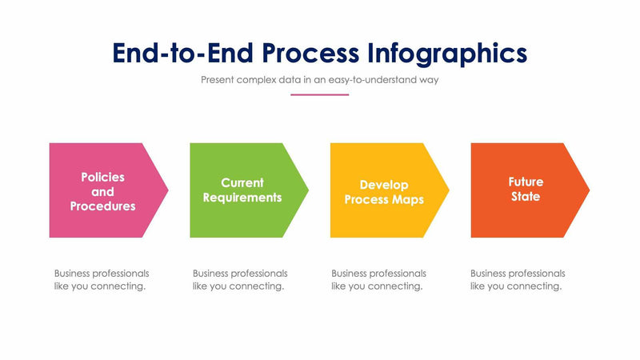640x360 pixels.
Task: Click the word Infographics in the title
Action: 448,53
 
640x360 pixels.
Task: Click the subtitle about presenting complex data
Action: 319,80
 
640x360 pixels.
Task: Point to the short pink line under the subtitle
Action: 319,94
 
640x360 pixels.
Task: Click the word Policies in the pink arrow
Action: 102,177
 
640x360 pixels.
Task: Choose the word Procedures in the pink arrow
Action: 102,206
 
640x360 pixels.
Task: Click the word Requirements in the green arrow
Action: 242,198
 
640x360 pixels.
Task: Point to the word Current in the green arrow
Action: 242,183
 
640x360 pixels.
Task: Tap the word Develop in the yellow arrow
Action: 384,184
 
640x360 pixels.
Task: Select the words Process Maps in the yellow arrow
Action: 384,199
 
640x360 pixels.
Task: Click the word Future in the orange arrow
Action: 525,182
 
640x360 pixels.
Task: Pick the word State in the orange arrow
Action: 525,197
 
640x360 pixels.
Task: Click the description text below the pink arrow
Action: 101,280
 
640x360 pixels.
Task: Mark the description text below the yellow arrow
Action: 378,280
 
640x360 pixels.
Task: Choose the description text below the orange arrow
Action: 517,280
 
